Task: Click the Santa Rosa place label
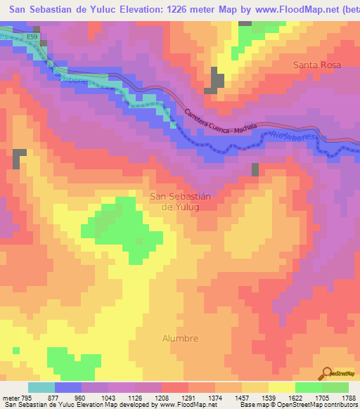[316, 65]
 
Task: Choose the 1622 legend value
[295, 396]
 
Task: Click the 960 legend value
[80, 396]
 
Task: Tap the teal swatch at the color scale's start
[41, 387]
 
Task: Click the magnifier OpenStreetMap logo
[326, 373]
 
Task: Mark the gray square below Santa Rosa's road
[255, 169]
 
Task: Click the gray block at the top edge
[245, 23]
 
